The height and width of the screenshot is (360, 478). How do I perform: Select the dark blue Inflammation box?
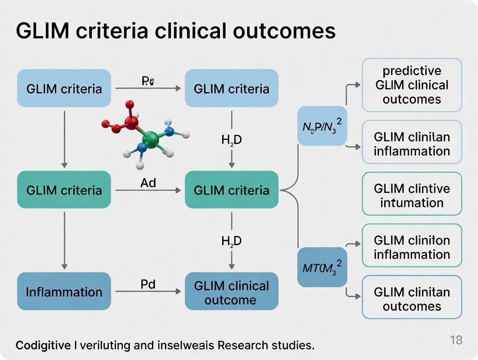click(64, 291)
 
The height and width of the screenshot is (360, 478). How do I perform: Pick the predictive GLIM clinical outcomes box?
click(412, 85)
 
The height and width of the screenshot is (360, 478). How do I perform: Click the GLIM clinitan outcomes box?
click(412, 298)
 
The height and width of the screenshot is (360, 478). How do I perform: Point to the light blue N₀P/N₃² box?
click(322, 125)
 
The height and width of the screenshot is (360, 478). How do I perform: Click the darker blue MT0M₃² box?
click(322, 267)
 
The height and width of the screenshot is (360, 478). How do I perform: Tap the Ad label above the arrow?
click(148, 183)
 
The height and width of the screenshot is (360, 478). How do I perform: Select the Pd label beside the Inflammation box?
click(148, 284)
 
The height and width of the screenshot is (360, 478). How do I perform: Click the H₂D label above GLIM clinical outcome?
click(231, 241)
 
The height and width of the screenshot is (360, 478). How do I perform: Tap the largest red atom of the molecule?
click(130, 122)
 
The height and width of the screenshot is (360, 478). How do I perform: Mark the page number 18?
click(456, 340)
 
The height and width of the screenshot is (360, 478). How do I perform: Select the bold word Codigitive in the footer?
click(43, 346)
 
